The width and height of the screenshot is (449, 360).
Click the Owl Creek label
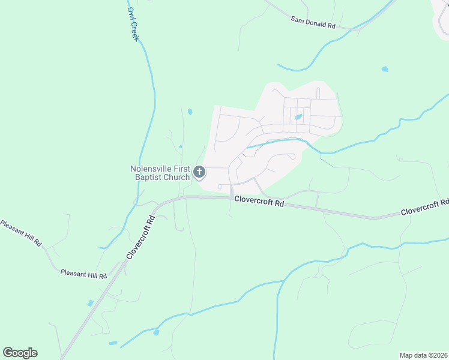[x=133, y=25]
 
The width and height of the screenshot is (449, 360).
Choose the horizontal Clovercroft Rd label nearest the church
[x=259, y=201]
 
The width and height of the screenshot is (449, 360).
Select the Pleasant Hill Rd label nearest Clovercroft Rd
[x=83, y=273]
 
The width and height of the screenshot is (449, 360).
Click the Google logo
[x=20, y=353]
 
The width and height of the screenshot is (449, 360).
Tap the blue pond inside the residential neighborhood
[x=298, y=117]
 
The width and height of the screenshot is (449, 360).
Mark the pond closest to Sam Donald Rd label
[x=384, y=69]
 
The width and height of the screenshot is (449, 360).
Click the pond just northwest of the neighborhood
[x=190, y=112]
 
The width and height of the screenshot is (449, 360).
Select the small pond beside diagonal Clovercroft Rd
[x=90, y=303]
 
